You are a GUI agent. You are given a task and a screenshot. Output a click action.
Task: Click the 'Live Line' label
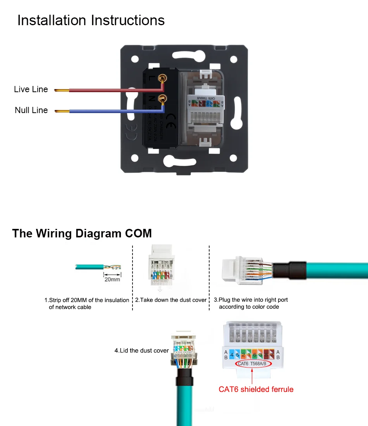(31, 89)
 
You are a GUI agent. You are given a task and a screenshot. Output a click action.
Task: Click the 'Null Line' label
(31, 110)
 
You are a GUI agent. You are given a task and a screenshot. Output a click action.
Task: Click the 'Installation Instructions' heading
(91, 21)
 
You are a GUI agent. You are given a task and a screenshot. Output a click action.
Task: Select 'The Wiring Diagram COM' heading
(82, 234)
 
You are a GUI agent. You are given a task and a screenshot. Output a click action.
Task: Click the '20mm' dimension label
(112, 279)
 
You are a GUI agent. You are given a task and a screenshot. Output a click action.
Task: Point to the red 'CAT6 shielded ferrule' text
(256, 389)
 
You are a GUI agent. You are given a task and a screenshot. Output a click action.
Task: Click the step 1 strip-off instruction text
(87, 304)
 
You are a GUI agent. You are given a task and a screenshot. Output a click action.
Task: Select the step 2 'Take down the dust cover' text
(171, 300)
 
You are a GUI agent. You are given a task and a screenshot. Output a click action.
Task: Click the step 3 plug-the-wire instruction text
(251, 303)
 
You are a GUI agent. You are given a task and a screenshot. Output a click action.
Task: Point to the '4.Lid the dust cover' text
(141, 350)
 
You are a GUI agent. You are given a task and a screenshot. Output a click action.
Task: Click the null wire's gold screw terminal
(163, 99)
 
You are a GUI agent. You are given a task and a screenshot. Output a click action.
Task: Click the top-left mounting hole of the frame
(135, 60)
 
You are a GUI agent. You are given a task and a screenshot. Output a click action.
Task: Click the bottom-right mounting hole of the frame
(233, 158)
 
